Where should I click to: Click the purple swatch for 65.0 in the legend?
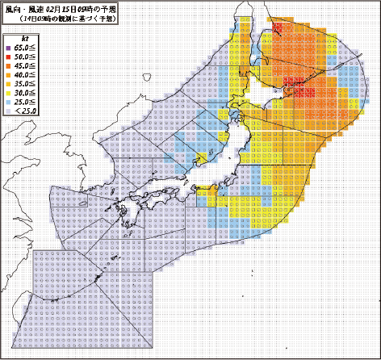click(8, 48)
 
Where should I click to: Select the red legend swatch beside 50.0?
click(8, 57)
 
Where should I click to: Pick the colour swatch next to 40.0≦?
click(8, 75)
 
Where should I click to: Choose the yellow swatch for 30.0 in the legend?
click(8, 93)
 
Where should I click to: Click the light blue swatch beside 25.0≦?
click(8, 102)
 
